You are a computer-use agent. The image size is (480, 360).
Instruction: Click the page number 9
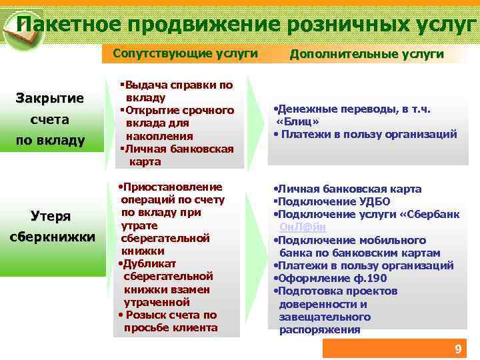point(457,349)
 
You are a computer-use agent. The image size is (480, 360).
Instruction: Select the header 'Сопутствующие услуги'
point(185,53)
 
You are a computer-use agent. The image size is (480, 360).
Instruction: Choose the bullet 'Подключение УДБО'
point(333,202)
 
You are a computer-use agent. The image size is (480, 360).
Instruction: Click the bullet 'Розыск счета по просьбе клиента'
point(169,321)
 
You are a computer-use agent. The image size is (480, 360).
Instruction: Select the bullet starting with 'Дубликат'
point(167,283)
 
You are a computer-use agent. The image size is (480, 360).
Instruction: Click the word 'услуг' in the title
point(447,25)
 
